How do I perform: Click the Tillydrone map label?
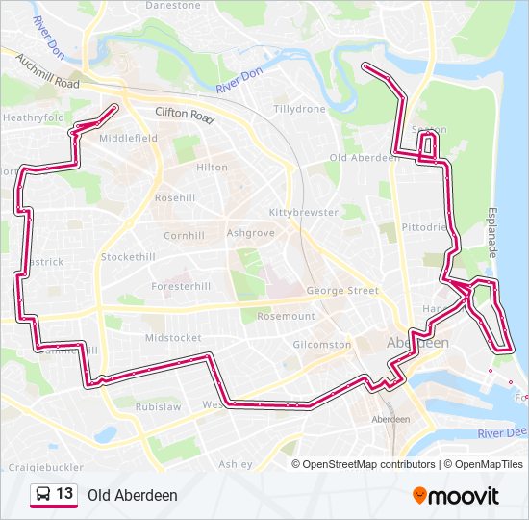(299, 109)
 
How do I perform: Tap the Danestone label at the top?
(174, 6)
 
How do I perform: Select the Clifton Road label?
(184, 114)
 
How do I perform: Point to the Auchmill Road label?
(47, 72)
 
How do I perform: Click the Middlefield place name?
(128, 138)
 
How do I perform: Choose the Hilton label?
(212, 167)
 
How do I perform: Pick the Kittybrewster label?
(304, 212)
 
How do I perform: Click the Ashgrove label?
(250, 233)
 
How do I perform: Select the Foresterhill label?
(181, 286)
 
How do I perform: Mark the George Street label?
(342, 290)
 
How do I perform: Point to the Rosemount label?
(286, 316)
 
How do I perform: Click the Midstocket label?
(173, 338)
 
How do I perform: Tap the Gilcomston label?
(322, 344)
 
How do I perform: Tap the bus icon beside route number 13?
(43, 494)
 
